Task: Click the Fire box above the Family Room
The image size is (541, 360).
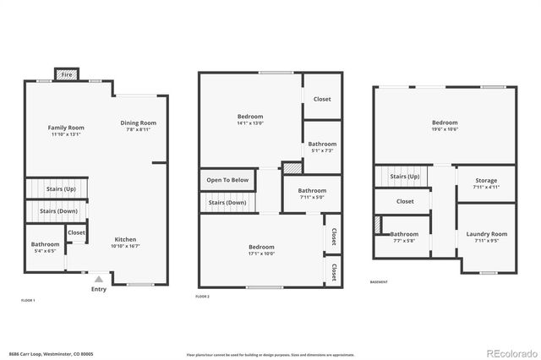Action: [x=65, y=75]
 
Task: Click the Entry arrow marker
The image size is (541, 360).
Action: [x=99, y=279]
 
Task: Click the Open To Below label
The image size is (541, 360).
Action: [x=227, y=179]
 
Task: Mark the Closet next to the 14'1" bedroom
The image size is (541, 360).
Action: [x=322, y=99]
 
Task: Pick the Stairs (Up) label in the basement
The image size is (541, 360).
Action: [x=403, y=176]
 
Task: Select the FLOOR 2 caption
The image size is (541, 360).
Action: [x=202, y=297]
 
